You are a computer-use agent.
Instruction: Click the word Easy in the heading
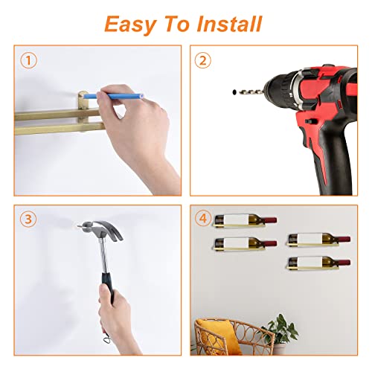[x=130, y=25]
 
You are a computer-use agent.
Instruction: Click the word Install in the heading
[x=229, y=24]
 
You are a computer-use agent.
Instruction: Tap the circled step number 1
[x=28, y=60]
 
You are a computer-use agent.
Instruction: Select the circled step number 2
[x=203, y=60]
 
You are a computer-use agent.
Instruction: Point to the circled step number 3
[x=28, y=219]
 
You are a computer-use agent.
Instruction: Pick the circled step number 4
[x=203, y=219]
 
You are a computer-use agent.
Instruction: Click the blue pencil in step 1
[x=114, y=96]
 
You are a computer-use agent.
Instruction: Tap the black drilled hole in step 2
[x=234, y=92]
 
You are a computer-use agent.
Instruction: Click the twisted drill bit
[x=250, y=92]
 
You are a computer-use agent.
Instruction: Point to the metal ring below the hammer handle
[x=106, y=339]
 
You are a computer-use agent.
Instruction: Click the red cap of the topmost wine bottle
[x=270, y=220]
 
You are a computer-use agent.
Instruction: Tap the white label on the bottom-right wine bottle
[x=310, y=262]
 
